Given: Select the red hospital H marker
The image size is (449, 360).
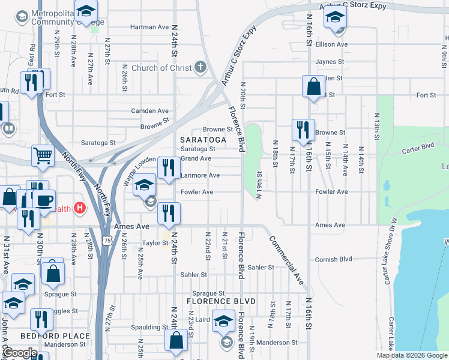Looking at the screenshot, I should (x=80, y=209).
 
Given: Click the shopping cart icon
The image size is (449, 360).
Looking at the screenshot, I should (x=43, y=156).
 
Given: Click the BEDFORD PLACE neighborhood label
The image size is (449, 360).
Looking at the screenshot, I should (x=55, y=336).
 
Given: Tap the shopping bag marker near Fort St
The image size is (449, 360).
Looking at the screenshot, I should (x=313, y=87).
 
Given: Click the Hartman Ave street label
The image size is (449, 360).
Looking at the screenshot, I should (x=150, y=27).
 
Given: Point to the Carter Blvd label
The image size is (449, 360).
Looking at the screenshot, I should (x=418, y=146).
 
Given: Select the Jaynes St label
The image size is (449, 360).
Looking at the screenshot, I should (x=330, y=61).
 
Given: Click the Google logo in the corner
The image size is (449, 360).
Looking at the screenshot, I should (x=20, y=353).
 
